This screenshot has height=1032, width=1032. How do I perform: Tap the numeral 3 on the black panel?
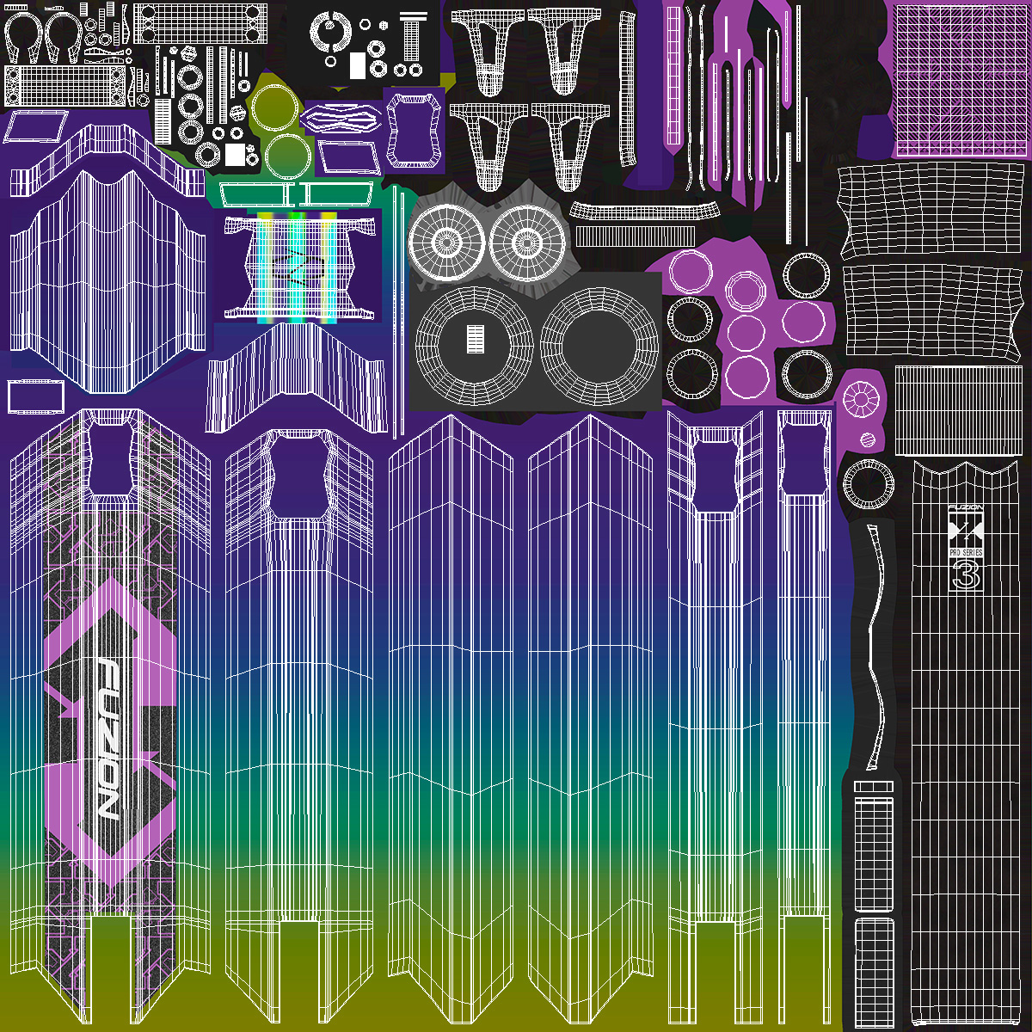coord(966,575)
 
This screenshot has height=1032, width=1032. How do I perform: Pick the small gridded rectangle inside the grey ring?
coord(475,339)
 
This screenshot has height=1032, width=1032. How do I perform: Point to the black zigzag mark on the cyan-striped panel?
coord(294,262)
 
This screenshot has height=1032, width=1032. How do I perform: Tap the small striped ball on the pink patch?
coord(867,439)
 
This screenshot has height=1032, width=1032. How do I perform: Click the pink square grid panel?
coord(961,79)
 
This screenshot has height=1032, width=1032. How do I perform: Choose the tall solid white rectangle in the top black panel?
coord(357,65)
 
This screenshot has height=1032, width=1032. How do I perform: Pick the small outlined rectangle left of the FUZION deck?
coord(35,396)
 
